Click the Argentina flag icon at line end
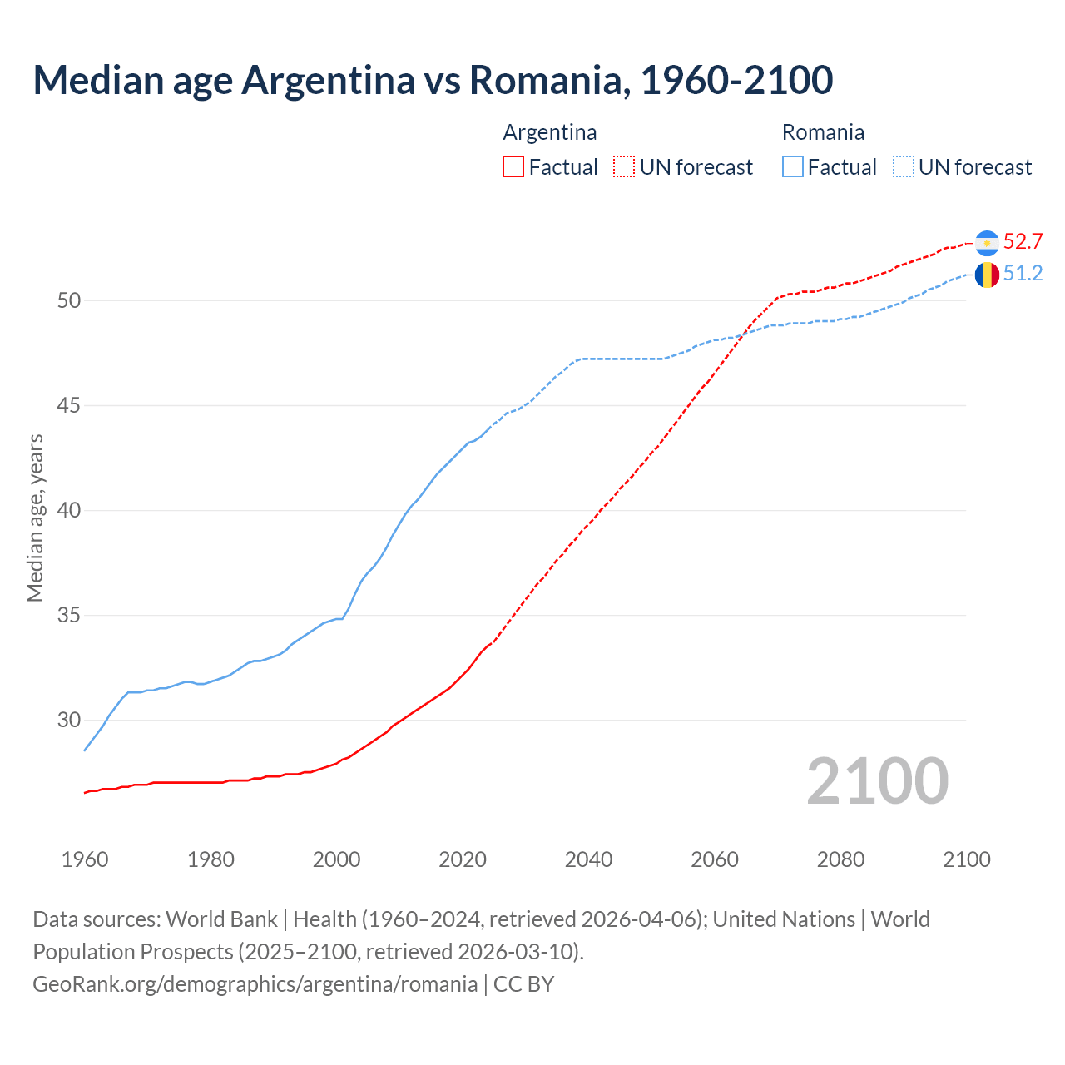[987, 242]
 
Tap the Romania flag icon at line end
[987, 274]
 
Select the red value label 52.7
[1023, 242]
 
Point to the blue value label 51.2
[1023, 274]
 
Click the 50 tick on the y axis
[69, 300]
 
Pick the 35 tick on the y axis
[69, 616]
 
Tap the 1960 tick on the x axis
[85, 859]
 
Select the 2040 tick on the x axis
[588, 859]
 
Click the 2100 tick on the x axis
[966, 859]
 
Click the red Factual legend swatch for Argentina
[513, 167]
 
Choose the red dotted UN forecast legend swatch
[624, 167]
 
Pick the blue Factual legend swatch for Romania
[793, 167]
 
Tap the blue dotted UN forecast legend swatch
[904, 167]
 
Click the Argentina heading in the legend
[550, 132]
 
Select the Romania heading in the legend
[823, 132]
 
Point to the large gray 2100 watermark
[877, 781]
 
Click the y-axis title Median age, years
[35, 518]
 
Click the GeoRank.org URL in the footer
[255, 984]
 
